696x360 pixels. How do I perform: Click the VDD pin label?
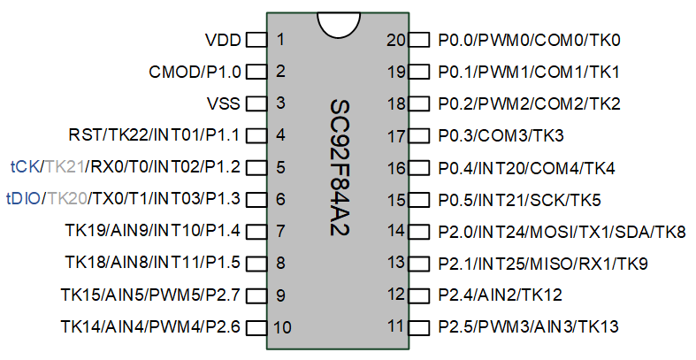223,41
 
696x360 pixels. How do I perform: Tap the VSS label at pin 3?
223,103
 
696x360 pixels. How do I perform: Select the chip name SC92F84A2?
340,168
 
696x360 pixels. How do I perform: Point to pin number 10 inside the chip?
282,327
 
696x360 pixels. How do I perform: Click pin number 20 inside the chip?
396,41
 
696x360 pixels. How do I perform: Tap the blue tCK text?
25,167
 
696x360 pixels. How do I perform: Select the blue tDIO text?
23,199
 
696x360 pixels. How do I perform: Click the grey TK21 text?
65,167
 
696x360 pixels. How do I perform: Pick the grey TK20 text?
67,199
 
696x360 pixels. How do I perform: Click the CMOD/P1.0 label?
195,72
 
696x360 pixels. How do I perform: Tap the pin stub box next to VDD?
256,40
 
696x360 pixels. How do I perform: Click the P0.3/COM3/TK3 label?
501,135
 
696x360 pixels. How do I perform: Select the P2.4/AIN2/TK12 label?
501,295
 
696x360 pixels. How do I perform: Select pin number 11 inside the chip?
396,326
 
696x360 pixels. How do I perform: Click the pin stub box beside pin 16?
418,168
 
